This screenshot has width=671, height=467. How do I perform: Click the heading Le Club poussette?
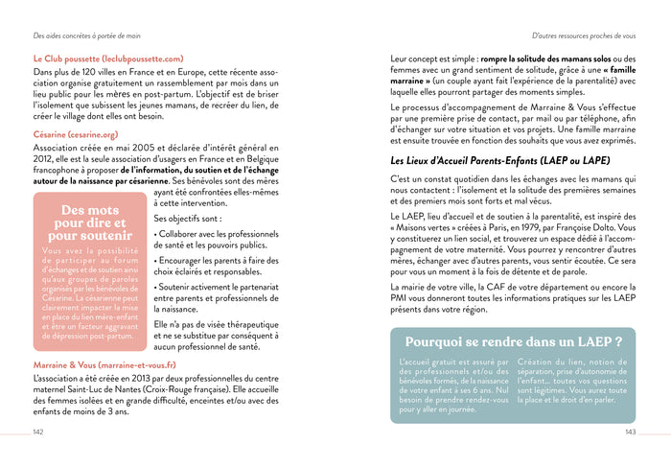(107, 58)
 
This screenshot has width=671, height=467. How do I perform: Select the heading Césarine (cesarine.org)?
(76, 135)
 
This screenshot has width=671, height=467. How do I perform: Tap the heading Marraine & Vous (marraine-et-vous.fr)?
(104, 365)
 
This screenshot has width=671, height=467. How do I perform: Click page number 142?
(38, 432)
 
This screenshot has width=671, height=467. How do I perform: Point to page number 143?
(630, 432)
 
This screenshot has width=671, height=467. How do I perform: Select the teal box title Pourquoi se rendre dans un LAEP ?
(513, 341)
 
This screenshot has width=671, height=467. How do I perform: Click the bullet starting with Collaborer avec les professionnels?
(215, 240)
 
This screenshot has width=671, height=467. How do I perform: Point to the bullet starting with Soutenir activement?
(215, 293)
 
